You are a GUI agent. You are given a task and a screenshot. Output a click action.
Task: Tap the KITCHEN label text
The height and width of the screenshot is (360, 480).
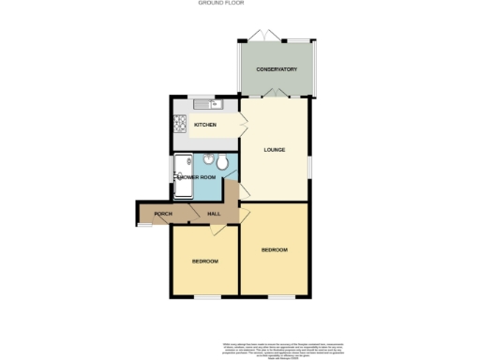(x=205, y=125)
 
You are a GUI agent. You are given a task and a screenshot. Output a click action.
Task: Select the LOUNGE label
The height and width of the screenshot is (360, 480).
(x=274, y=150)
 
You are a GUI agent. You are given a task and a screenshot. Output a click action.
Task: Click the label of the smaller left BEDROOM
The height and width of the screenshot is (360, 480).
(x=205, y=261)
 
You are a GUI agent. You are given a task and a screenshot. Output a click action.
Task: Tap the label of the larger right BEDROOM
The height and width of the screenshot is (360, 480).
(x=274, y=249)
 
